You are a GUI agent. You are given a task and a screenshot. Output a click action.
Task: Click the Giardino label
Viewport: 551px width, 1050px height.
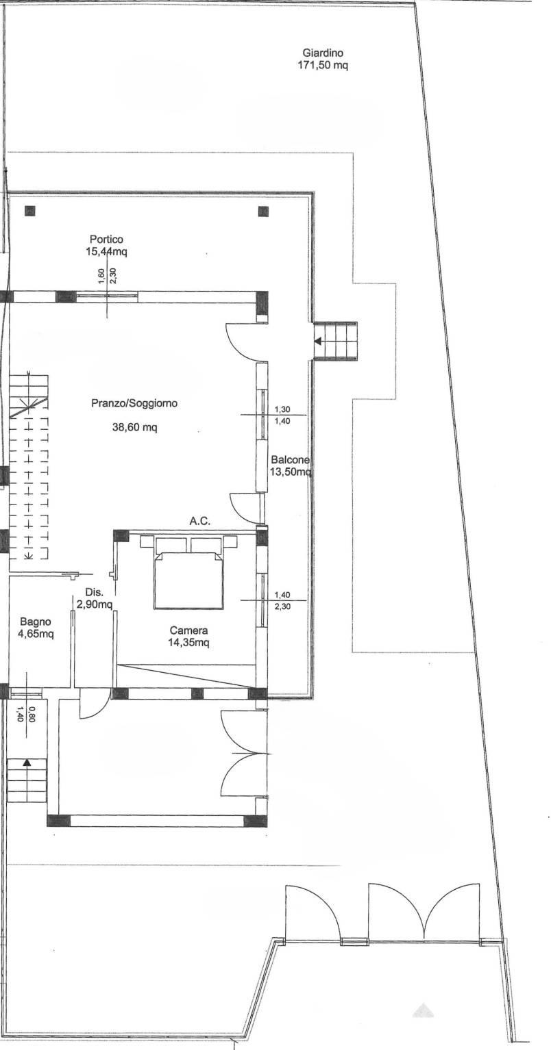[323, 53]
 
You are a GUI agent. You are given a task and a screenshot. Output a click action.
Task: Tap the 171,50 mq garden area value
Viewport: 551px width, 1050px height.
[323, 65]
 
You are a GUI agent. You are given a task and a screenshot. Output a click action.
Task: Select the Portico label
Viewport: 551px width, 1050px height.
[106, 240]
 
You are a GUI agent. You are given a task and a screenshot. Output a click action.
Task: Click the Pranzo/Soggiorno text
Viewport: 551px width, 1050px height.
[134, 403]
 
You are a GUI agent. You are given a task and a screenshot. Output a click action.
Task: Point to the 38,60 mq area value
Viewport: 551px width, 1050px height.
[134, 427]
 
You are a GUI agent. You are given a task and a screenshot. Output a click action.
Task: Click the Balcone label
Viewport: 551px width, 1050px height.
[290, 460]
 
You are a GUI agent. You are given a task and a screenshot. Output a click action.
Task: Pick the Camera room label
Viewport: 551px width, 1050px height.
[188, 631]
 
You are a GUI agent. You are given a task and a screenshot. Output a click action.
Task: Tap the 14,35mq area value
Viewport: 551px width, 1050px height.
[188, 643]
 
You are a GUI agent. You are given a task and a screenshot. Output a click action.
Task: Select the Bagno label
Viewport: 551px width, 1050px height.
[35, 622]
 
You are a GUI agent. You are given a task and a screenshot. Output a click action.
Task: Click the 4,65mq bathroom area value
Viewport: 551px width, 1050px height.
[36, 635]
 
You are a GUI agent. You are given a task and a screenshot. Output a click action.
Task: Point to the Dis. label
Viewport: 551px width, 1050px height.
[95, 593]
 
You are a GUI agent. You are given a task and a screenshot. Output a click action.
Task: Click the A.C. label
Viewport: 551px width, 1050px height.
[200, 521]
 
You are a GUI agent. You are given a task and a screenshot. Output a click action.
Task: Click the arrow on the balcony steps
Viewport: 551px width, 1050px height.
[318, 342]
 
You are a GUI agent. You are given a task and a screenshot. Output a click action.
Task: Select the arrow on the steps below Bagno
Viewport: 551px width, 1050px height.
[27, 763]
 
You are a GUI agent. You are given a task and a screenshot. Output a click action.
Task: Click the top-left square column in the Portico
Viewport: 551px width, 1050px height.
[30, 211]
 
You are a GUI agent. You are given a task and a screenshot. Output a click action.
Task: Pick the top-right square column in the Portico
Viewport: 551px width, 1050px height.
[263, 212]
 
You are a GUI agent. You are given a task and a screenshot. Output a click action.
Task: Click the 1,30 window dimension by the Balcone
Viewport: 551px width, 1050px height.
[282, 410]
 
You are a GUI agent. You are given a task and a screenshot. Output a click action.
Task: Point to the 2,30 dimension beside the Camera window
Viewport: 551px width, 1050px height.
[282, 606]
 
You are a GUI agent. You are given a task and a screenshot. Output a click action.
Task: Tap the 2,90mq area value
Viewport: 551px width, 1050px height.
[95, 604]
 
